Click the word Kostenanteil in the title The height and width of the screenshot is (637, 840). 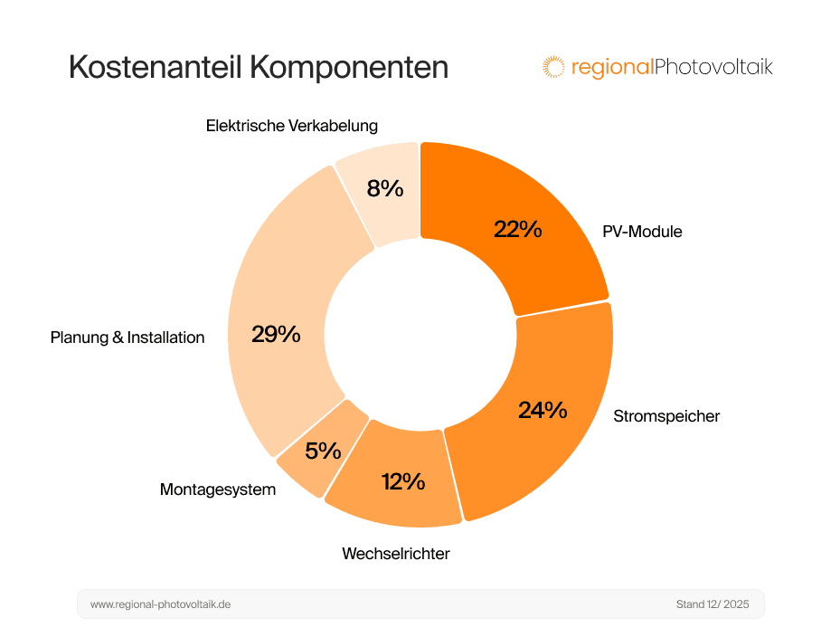click(x=154, y=68)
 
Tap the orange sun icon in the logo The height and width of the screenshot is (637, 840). click(x=552, y=66)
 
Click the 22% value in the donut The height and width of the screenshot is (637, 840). click(x=517, y=229)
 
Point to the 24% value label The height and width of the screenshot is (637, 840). click(x=543, y=410)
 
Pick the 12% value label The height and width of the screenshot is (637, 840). click(x=403, y=481)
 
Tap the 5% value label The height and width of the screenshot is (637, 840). click(x=323, y=451)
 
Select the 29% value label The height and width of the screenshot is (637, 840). click(x=276, y=334)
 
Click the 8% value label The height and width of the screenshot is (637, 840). click(x=384, y=188)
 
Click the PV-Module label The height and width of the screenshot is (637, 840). click(x=642, y=232)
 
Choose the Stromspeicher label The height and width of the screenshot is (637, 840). click(x=666, y=416)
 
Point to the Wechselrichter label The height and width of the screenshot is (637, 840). click(x=395, y=553)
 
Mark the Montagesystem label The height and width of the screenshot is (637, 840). click(x=217, y=490)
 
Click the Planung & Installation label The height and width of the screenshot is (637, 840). click(x=127, y=338)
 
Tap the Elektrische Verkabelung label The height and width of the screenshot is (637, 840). click(x=291, y=126)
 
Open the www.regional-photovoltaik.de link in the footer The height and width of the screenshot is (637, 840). click(x=160, y=604)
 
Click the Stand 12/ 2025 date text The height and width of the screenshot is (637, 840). click(x=713, y=604)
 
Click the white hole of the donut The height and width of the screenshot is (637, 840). click(x=420, y=335)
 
